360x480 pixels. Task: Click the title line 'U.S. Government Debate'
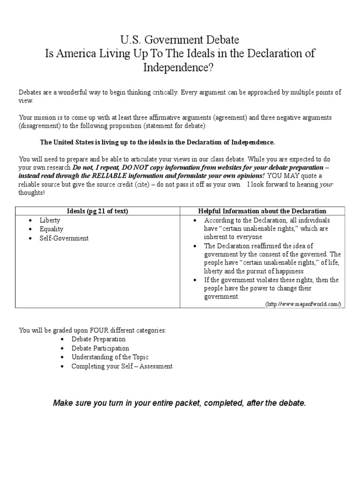[x=180, y=39]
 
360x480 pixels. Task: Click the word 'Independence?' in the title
[x=180, y=67]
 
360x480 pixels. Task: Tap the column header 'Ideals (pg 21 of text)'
[x=98, y=211]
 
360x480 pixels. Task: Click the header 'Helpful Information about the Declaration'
[x=262, y=211]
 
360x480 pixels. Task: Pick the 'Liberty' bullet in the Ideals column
[x=50, y=220]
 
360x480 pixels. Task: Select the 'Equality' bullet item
[x=52, y=229]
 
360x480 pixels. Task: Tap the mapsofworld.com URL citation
[x=303, y=304]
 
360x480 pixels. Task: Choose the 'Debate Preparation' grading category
[x=98, y=339]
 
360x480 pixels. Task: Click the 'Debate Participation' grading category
[x=100, y=348]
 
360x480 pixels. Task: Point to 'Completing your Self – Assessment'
[x=122, y=366]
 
